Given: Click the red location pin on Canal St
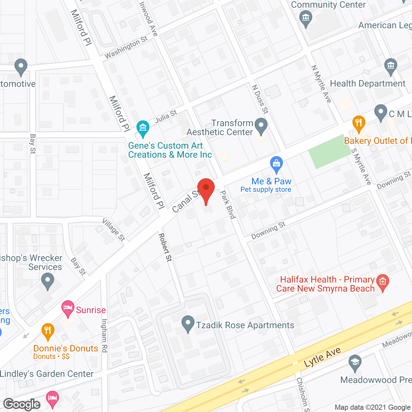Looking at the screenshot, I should (206, 188).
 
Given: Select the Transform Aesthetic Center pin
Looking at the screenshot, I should (261, 126).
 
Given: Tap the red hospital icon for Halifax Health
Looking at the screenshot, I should (383, 282).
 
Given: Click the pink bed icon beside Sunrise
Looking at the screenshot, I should (68, 308).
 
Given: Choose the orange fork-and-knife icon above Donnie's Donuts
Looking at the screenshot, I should (48, 331).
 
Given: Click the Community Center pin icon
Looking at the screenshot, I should (306, 18).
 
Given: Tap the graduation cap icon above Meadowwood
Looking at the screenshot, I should (355, 362).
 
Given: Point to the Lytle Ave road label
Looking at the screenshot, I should (322, 358).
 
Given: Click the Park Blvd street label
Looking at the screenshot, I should (228, 205).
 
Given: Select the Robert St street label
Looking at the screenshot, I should (165, 247).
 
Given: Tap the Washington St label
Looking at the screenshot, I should (126, 47).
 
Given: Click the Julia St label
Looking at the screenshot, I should (166, 116).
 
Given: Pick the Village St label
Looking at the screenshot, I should (114, 229).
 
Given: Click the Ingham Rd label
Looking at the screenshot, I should (104, 335).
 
